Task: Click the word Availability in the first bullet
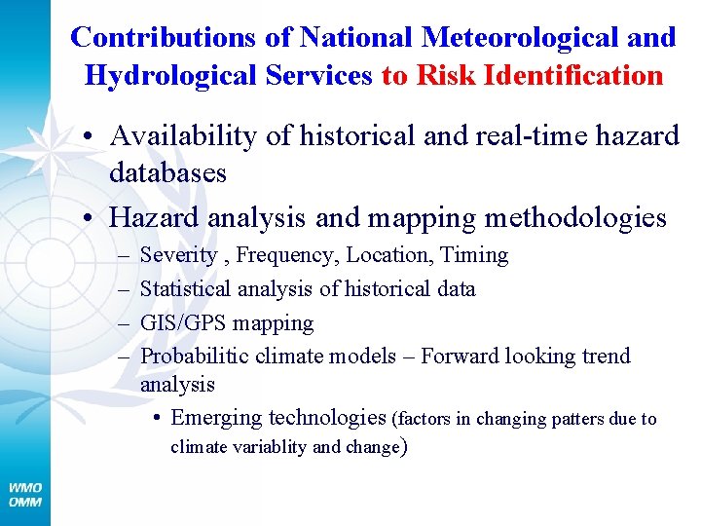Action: (182, 136)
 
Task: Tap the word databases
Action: (167, 173)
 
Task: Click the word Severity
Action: (179, 255)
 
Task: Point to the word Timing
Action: (474, 255)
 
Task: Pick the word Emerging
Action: (216, 418)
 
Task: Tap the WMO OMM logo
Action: (25, 494)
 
